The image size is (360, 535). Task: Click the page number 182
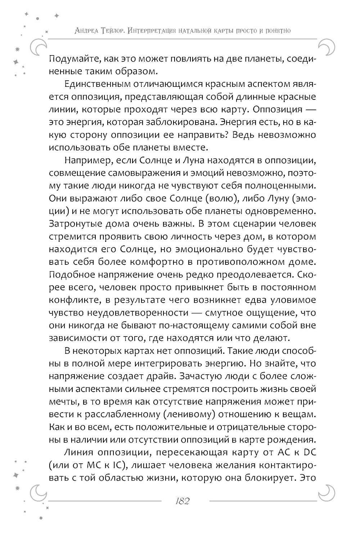(x=181, y=501)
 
